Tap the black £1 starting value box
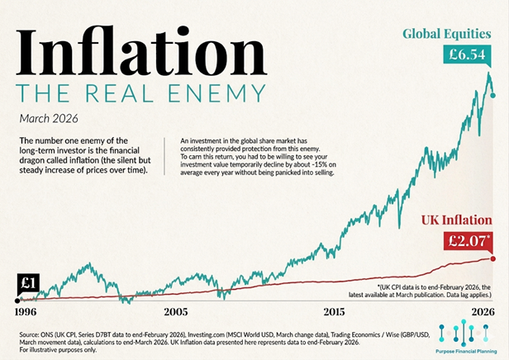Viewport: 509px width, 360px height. pos(26,282)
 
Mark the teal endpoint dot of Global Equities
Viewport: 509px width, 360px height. pos(493,96)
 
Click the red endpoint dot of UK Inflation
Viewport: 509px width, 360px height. pos(493,258)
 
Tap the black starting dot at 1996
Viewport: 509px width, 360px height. pos(17,301)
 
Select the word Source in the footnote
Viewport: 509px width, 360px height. pos(30,334)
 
